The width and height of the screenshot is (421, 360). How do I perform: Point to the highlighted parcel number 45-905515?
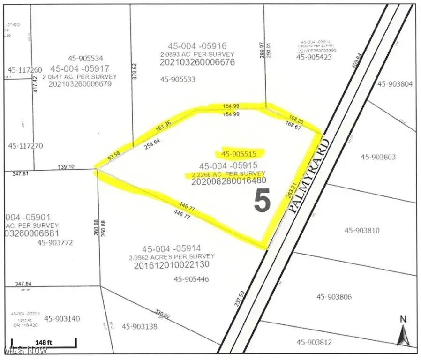(240, 153)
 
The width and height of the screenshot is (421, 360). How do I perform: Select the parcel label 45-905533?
(177, 79)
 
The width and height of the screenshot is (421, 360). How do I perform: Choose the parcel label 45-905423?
(314, 57)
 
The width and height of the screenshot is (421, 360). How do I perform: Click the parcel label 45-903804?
(395, 84)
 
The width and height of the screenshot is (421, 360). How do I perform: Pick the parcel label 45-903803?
(378, 157)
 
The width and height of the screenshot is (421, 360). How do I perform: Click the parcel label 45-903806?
(334, 297)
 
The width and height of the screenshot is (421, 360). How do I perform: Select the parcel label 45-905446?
(191, 279)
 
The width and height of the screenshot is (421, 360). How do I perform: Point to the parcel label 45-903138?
(139, 326)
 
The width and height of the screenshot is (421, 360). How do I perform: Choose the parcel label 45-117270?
(25, 146)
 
